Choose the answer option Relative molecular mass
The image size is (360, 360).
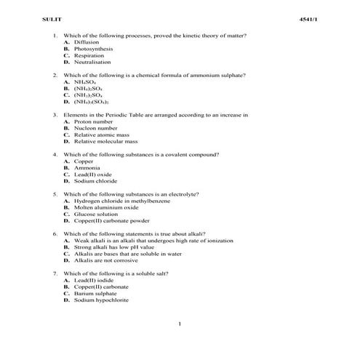105,141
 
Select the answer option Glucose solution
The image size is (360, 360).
95,214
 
